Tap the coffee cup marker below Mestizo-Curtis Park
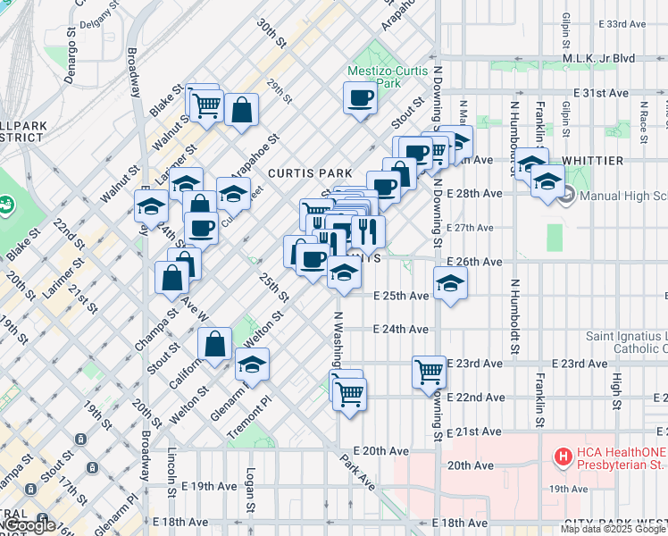coord(360,98)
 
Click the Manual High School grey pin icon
coord(564,196)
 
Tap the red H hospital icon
coord(564,457)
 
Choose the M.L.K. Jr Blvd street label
coord(598,59)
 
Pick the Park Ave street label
coord(357,471)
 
